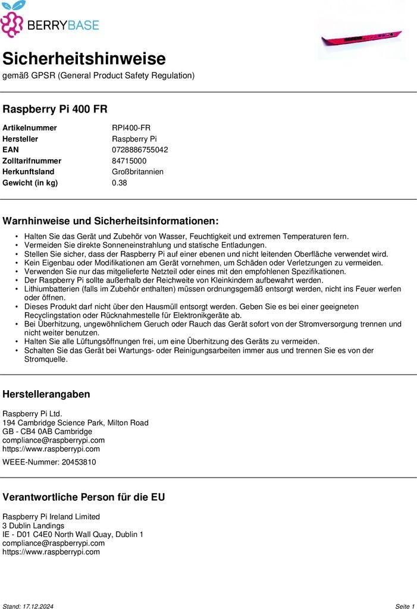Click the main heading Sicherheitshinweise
click(84, 59)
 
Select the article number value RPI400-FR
click(131, 128)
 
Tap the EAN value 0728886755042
click(140, 150)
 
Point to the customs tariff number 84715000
click(129, 161)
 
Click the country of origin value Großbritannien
click(137, 172)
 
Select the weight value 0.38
click(119, 183)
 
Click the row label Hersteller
click(20, 139)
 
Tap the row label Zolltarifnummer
click(32, 161)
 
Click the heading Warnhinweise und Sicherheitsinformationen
click(111, 221)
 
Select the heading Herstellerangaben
click(46, 394)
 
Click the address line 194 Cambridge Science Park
click(76, 423)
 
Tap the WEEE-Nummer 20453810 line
click(49, 462)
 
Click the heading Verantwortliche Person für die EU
click(84, 497)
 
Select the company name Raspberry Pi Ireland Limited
click(51, 517)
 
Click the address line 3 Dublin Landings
click(33, 526)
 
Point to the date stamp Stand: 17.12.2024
click(28, 606)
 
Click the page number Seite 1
click(405, 606)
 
